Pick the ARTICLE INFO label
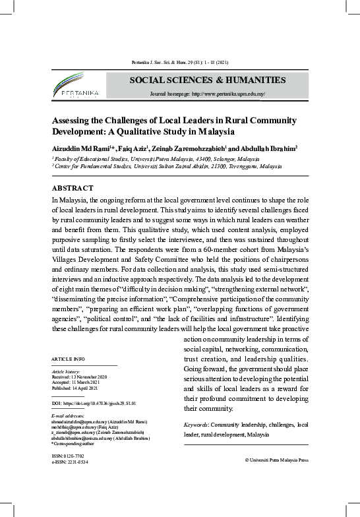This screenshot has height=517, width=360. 69,358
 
